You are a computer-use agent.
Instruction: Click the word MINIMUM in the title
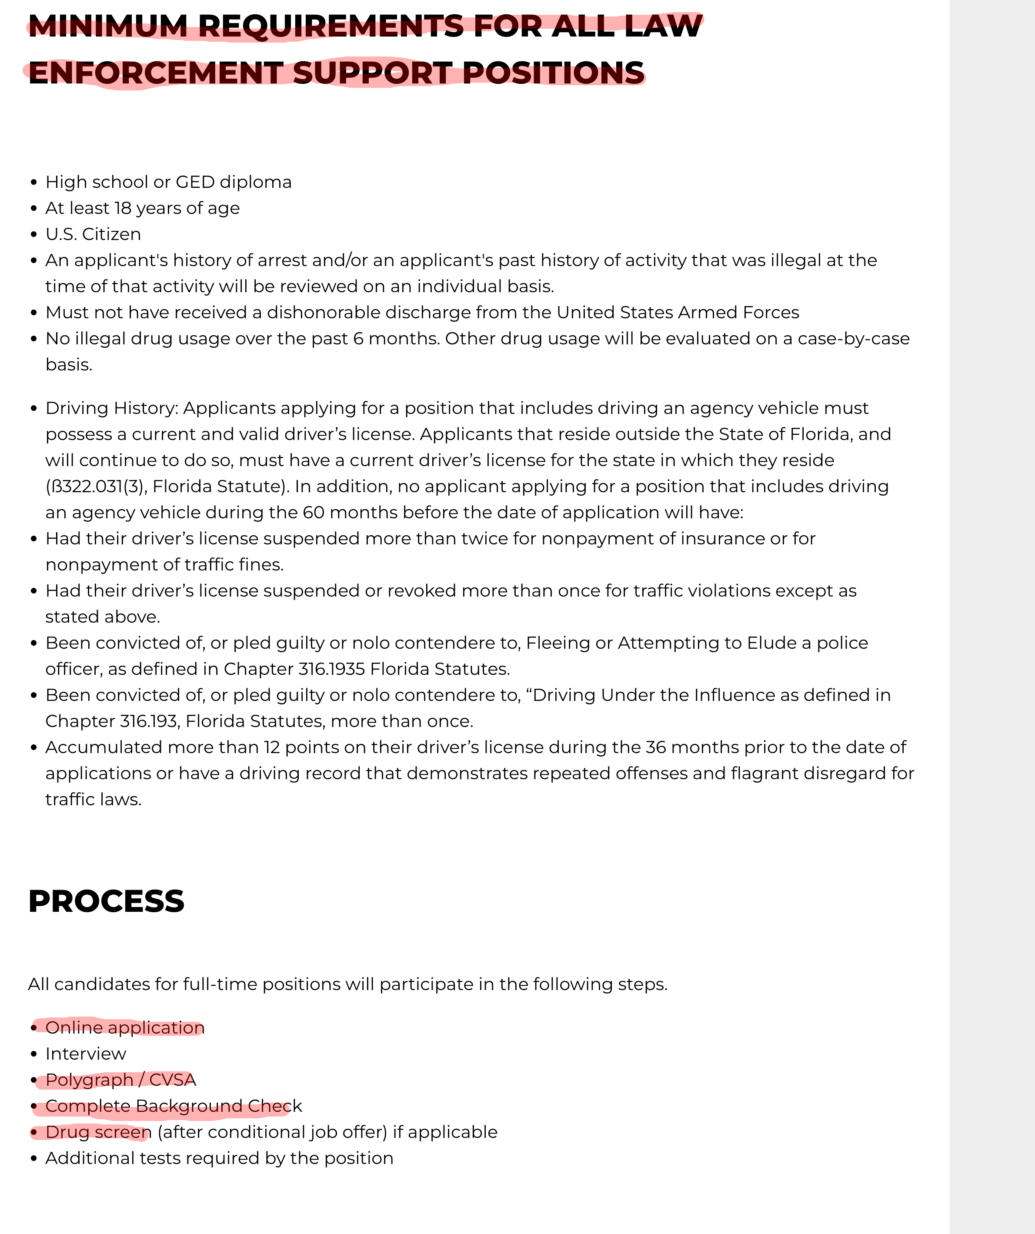pos(107,27)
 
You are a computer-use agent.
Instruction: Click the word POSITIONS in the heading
pos(553,73)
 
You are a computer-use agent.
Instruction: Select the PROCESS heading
pos(106,901)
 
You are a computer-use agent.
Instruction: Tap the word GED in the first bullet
pos(195,182)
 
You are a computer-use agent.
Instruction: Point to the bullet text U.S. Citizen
pos(93,234)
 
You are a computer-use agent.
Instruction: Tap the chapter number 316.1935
pos(331,669)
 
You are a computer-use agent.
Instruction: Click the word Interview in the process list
pos(86,1054)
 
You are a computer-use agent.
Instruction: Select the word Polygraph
pos(89,1080)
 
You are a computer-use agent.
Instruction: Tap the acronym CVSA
pos(172,1080)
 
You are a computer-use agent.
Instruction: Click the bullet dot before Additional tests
pos(33,1158)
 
